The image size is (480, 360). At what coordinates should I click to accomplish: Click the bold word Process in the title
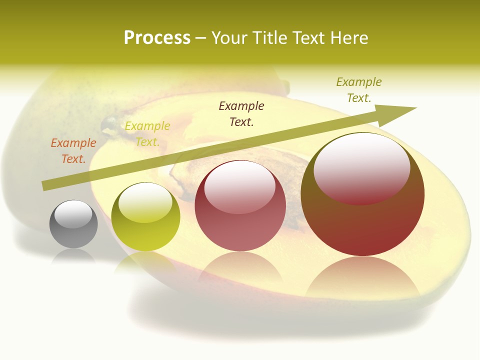(157, 38)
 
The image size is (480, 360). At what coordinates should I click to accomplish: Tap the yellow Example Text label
(147, 134)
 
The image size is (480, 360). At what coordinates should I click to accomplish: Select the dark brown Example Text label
(241, 114)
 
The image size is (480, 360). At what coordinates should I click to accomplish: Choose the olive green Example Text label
(359, 90)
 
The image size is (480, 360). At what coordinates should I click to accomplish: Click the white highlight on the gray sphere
(73, 214)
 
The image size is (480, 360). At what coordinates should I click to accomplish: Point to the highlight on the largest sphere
(361, 167)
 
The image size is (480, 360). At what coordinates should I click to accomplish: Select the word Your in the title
(231, 38)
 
